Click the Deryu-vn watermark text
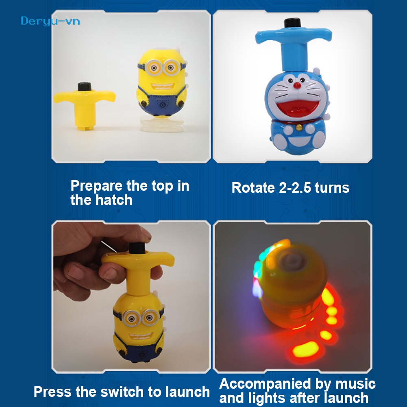pyautogui.click(x=50, y=21)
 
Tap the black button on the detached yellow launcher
pyautogui.click(x=84, y=87)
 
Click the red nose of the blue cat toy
pyautogui.click(x=297, y=85)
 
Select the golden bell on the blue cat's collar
pyautogui.click(x=299, y=127)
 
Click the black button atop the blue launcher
pyautogui.click(x=292, y=23)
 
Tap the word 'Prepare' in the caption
pyautogui.click(x=96, y=186)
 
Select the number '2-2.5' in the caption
pyautogui.click(x=295, y=187)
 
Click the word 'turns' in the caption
pyautogui.click(x=332, y=188)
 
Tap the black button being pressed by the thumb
pyautogui.click(x=137, y=248)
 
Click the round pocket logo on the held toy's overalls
pyautogui.click(x=142, y=354)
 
